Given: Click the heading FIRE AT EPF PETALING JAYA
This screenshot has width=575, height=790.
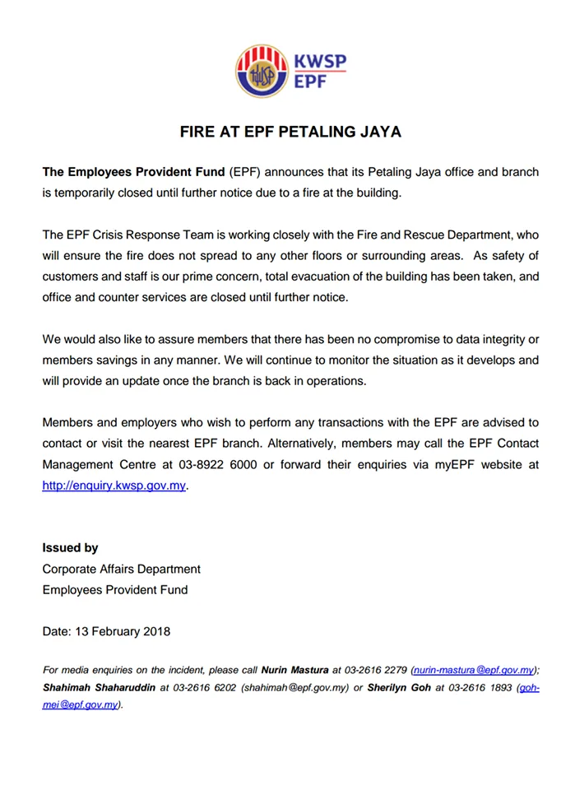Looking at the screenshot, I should (x=290, y=132).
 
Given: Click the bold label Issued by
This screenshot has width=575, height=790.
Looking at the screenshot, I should (x=71, y=548).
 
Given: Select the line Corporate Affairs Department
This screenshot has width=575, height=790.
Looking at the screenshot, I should (x=121, y=569).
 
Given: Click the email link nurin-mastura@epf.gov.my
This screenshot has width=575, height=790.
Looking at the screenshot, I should (x=475, y=670).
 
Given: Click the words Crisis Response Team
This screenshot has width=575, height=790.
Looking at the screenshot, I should (x=153, y=234).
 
